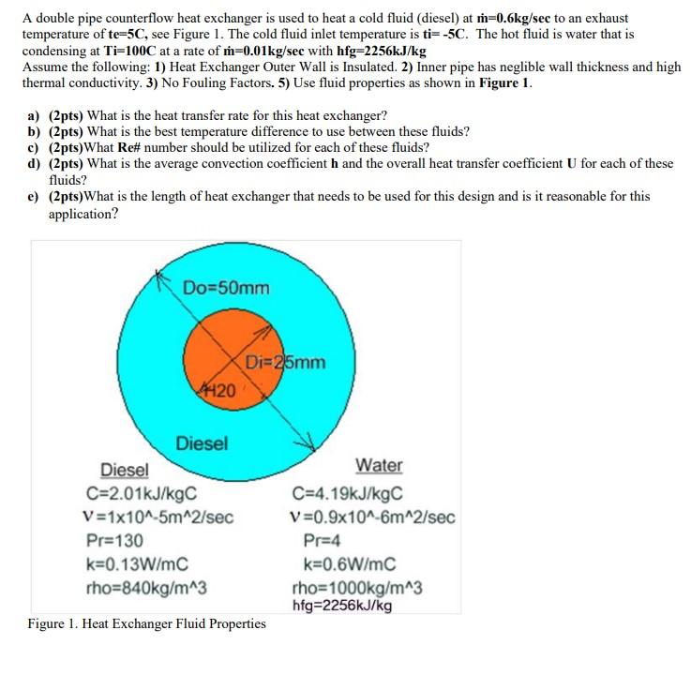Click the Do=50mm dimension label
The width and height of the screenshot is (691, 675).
pyautogui.click(x=225, y=286)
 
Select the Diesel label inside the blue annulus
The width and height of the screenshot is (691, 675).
pyautogui.click(x=202, y=443)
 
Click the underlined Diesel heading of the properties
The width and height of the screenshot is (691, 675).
pyautogui.click(x=124, y=469)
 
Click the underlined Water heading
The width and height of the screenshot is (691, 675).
pyautogui.click(x=380, y=466)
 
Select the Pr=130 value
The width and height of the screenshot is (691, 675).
pyautogui.click(x=115, y=541)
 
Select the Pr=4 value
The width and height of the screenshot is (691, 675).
pyautogui.click(x=322, y=540)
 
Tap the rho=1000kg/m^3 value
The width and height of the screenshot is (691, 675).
pyautogui.click(x=357, y=588)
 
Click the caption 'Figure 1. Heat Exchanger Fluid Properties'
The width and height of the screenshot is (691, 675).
pyautogui.click(x=146, y=623)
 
